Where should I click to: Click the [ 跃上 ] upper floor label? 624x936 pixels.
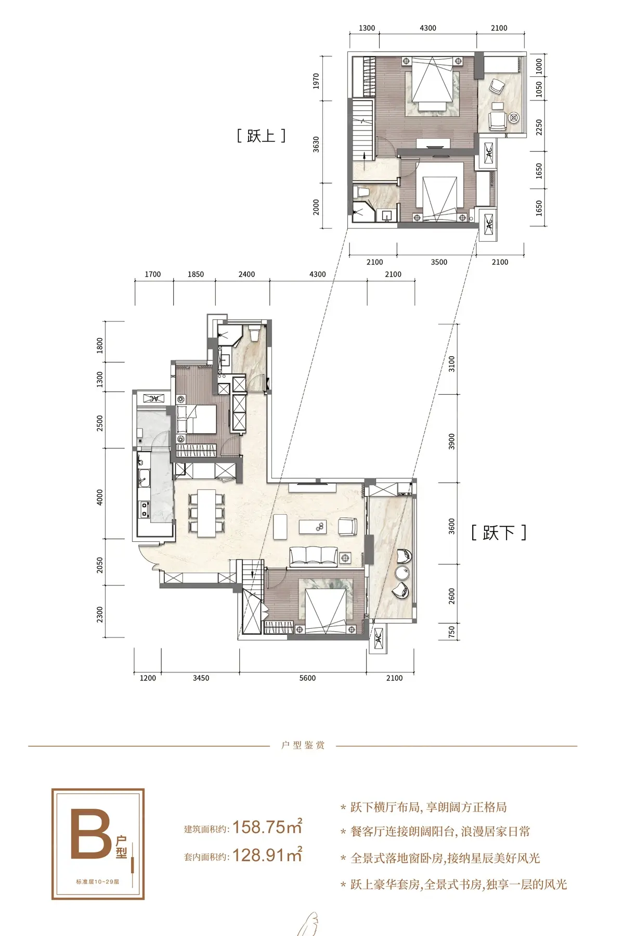click(261, 136)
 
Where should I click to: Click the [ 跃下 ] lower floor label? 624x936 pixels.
click(499, 532)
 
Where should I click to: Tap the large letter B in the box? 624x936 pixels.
click(91, 833)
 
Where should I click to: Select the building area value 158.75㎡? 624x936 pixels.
click(267, 826)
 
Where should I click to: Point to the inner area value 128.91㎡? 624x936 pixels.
click(267, 854)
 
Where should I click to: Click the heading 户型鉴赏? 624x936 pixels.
click(303, 745)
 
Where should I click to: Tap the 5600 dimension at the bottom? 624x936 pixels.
click(307, 678)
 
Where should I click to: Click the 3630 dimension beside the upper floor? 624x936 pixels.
click(316, 145)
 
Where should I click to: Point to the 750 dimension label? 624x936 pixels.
click(451, 632)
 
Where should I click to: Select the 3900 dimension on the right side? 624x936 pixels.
click(451, 441)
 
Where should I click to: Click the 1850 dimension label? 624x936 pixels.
click(196, 275)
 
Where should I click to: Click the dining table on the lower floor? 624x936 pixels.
click(207, 513)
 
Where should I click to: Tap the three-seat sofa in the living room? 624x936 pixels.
click(313, 556)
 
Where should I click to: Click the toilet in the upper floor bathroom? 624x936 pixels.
click(362, 193)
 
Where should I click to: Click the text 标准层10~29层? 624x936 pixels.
click(98, 881)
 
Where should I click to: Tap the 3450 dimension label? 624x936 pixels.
click(201, 678)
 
